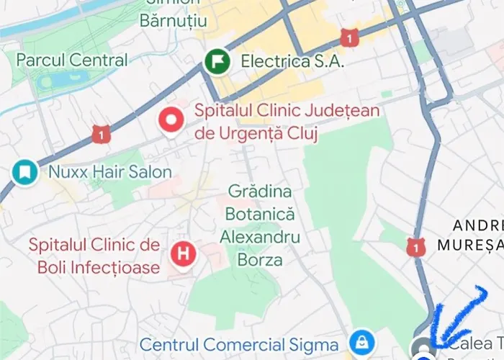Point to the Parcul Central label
(71, 60)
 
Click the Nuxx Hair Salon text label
(109, 172)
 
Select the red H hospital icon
(184, 253)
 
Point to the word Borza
(260, 259)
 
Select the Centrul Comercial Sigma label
(239, 345)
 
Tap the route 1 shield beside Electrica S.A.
(349, 37)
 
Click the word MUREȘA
(470, 245)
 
